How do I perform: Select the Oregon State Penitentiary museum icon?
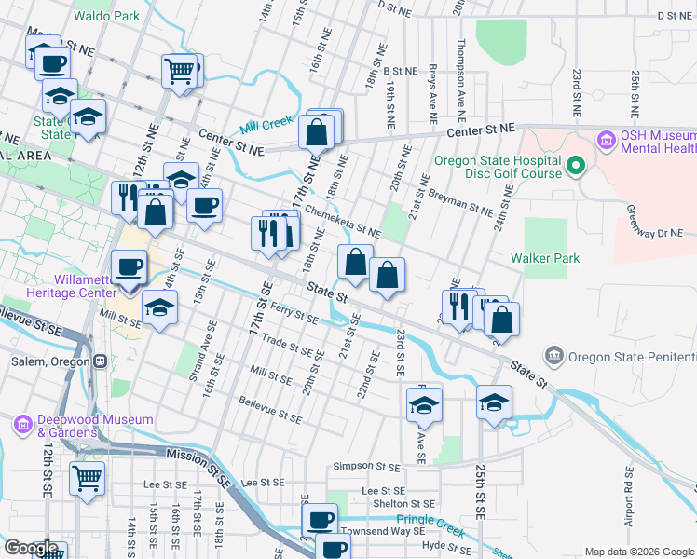pos(555,356)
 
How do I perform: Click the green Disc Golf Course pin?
pos(575,167)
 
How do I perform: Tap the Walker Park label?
pos(544,258)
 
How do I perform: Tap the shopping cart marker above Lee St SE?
pos(87,479)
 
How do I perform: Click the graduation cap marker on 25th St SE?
pos(494,402)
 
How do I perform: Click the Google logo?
pos(31,548)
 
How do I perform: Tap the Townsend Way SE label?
pos(376,530)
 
